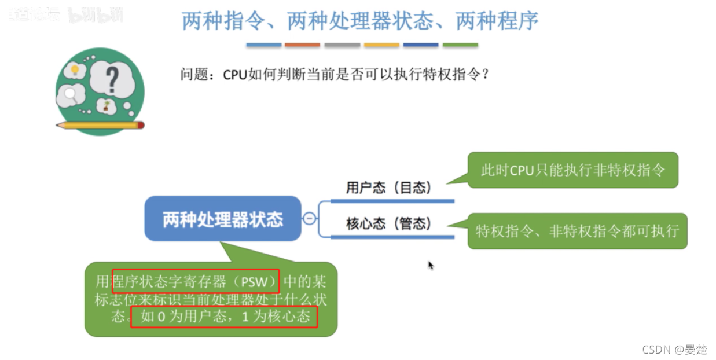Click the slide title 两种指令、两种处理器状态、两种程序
pyautogui.click(x=360, y=21)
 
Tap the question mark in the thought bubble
pyautogui.click(x=112, y=80)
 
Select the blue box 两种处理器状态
pyautogui.click(x=223, y=219)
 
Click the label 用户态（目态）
pyautogui.click(x=389, y=188)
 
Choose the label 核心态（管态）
pyautogui.click(x=389, y=223)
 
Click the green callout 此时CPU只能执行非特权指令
pyautogui.click(x=572, y=170)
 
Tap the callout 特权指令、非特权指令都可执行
pyautogui.click(x=577, y=231)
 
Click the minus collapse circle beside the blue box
pyautogui.click(x=310, y=218)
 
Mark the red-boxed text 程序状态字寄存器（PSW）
pyautogui.click(x=196, y=281)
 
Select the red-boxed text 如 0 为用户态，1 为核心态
pyautogui.click(x=224, y=316)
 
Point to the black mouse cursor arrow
pyautogui.click(x=431, y=265)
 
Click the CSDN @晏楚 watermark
pyautogui.click(x=674, y=349)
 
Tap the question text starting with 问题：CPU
pyautogui.click(x=335, y=75)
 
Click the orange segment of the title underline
pyautogui.click(x=303, y=45)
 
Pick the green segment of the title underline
pyautogui.click(x=460, y=45)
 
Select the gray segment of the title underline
pyautogui.click(x=342, y=45)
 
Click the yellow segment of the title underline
pyautogui.click(x=381, y=45)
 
